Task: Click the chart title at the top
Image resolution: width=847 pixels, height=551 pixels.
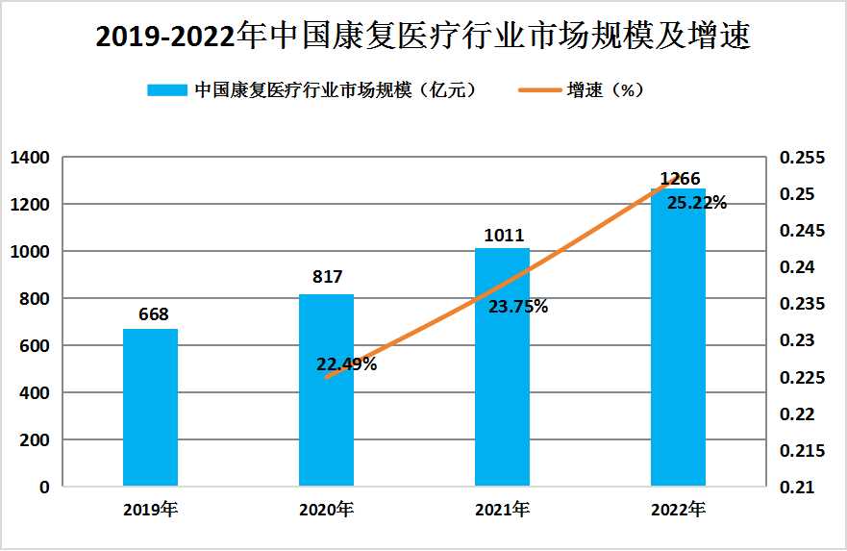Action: point(423,36)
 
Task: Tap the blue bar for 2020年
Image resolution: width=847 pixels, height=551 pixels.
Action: point(326,389)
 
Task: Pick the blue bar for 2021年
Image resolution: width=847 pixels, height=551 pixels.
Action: point(502,366)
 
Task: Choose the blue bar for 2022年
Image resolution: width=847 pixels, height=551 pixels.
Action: point(678,337)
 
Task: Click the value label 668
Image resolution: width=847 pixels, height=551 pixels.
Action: point(152,314)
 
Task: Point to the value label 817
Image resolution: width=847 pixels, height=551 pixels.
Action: point(327,277)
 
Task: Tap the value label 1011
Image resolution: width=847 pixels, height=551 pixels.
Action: point(503,234)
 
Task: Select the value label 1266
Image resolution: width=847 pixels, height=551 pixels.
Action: point(680,178)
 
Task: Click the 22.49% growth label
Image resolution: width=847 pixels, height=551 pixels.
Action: point(346,364)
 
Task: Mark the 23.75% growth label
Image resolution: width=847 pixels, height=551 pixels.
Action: point(518,308)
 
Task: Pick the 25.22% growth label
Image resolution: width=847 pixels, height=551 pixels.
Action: point(696,204)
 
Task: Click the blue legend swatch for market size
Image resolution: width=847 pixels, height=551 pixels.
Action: point(165,90)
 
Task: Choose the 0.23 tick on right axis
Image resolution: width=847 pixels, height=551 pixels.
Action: point(799,340)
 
